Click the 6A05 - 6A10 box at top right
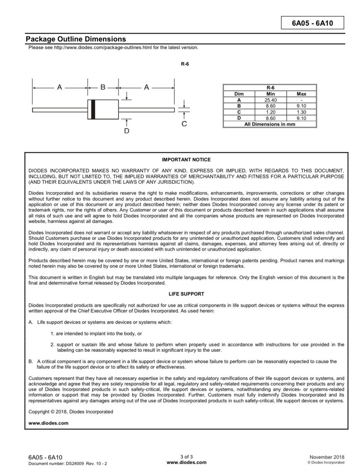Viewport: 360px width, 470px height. [312, 23]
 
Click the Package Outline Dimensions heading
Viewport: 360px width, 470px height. [76, 39]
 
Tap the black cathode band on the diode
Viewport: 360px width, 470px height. [93, 109]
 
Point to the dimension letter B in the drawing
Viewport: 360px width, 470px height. [103, 87]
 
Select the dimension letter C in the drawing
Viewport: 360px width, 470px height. [184, 124]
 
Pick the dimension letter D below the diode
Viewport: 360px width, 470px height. [127, 131]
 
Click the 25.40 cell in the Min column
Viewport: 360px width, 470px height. [271, 100]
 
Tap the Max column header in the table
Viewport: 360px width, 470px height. [301, 94]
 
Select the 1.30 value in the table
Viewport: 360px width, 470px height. [301, 112]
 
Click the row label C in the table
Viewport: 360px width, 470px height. [239, 112]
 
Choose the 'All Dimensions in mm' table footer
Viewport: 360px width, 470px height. [269, 124]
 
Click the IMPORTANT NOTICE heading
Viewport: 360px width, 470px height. [186, 160]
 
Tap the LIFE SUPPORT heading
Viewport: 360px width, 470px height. [186, 294]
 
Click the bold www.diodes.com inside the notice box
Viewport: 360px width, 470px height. [49, 423]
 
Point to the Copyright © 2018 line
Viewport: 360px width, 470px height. [71, 412]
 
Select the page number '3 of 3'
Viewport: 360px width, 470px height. [187, 457]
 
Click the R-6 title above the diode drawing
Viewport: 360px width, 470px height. [185, 64]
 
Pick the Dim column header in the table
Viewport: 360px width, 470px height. [239, 94]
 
